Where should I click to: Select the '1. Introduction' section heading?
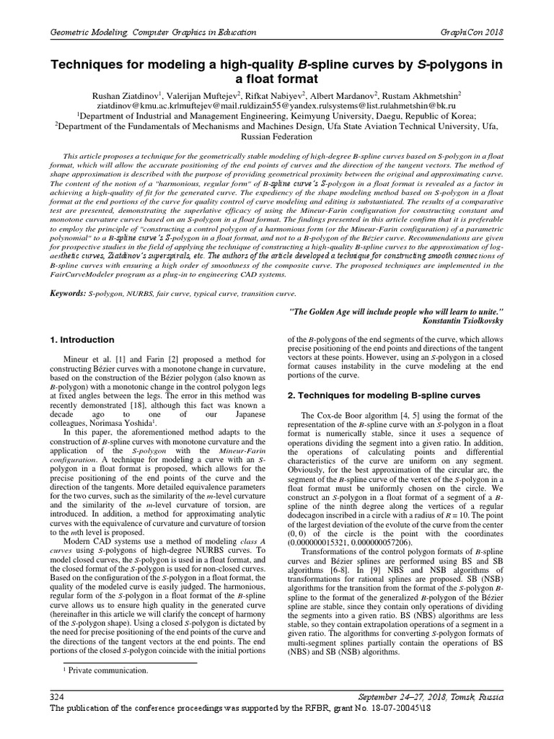[x=82, y=339]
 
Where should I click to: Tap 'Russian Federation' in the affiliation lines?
[x=278, y=135]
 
